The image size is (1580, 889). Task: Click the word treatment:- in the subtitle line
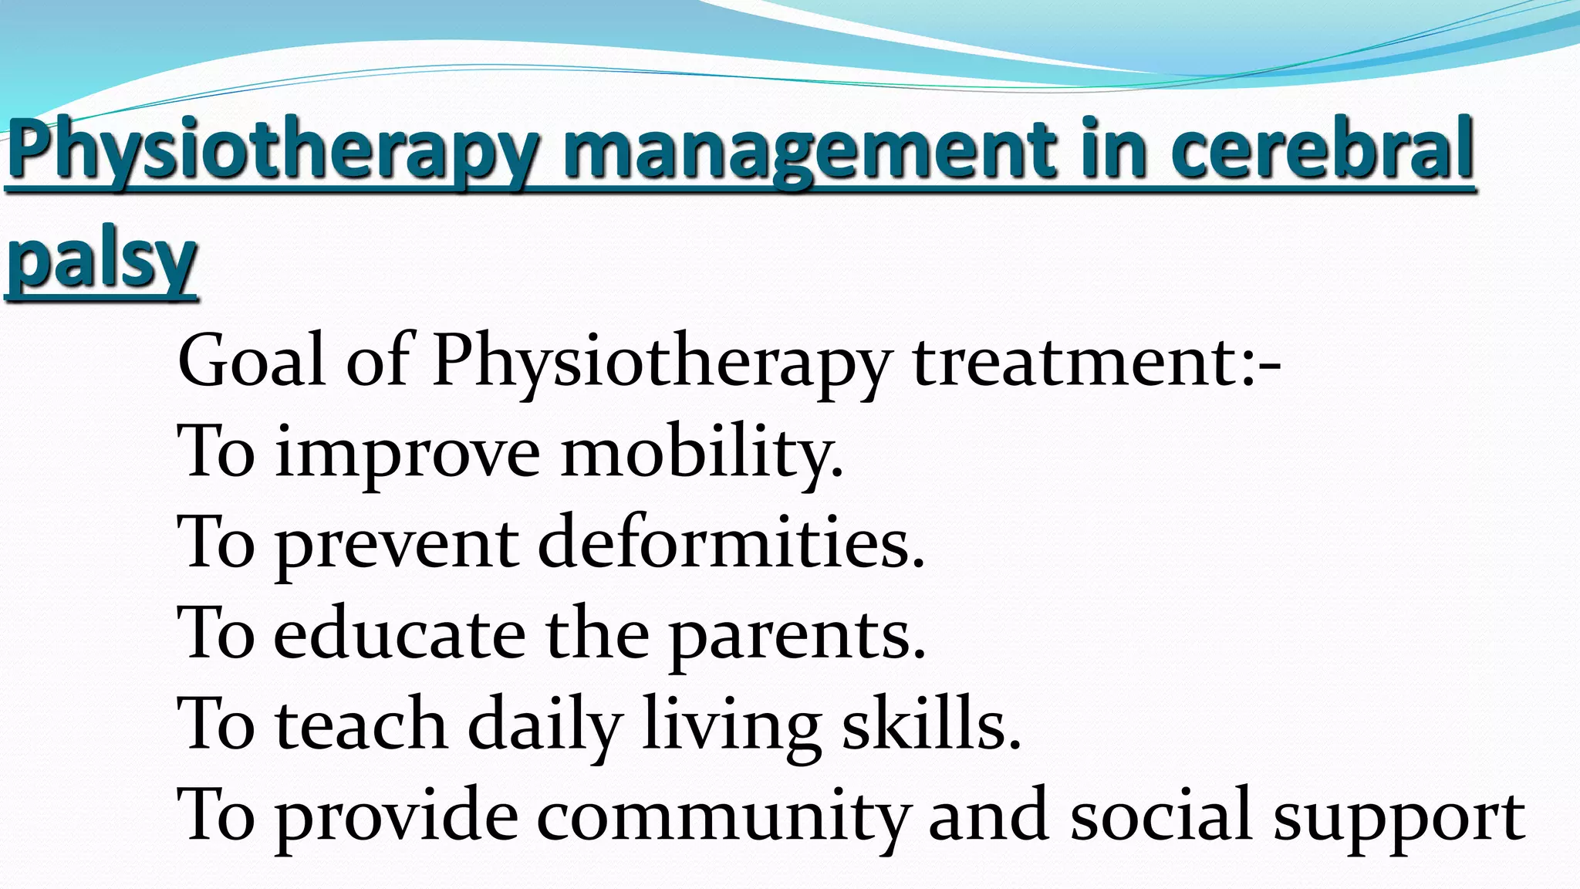click(x=1096, y=361)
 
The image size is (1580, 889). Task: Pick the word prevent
click(x=397, y=546)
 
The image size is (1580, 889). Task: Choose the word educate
click(x=400, y=634)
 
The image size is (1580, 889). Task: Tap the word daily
click(x=545, y=725)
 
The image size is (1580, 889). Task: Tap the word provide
click(x=397, y=816)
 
